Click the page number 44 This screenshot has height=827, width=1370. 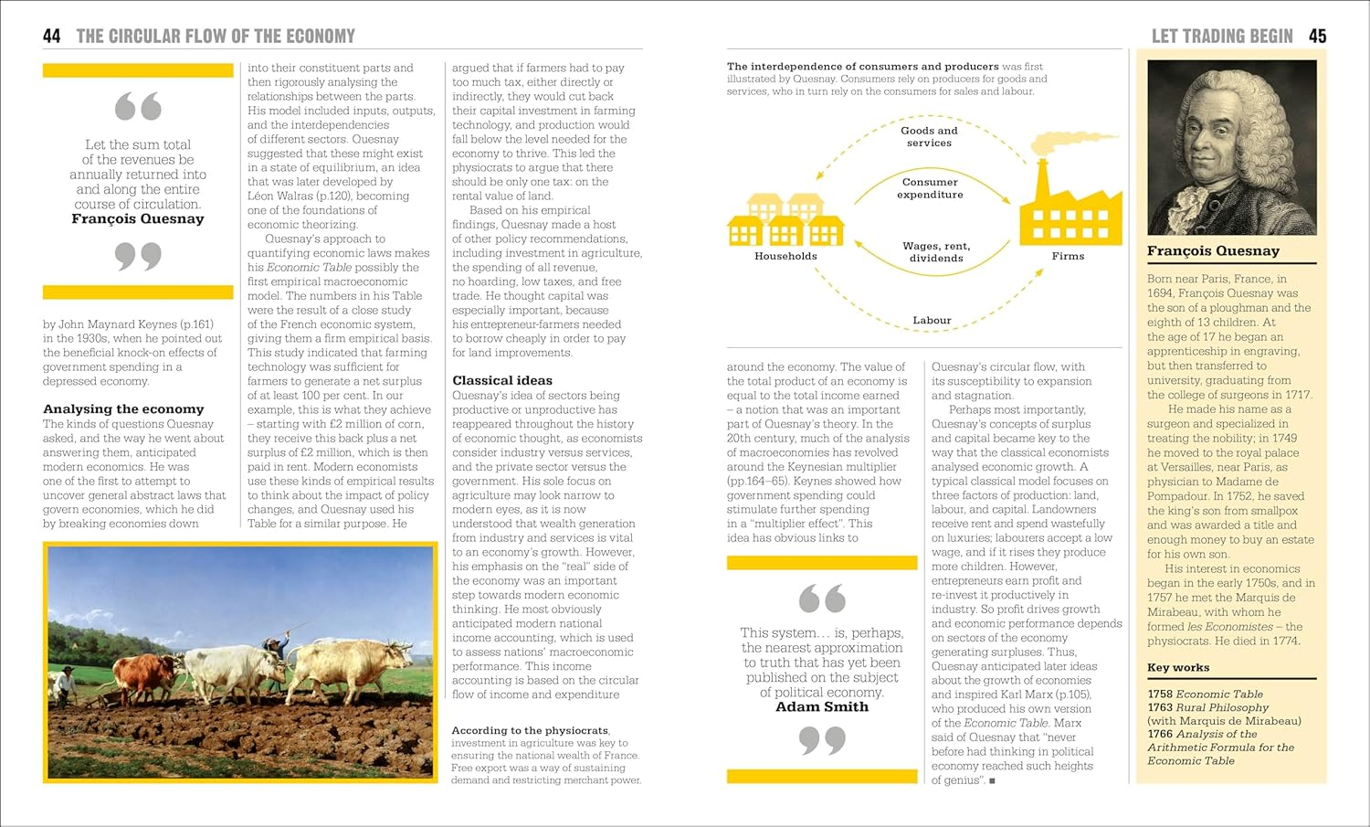pyautogui.click(x=51, y=36)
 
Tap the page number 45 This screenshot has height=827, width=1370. pyautogui.click(x=1317, y=36)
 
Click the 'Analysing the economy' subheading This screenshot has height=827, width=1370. pyautogui.click(x=123, y=409)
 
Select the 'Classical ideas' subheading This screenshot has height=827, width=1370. pyautogui.click(x=502, y=380)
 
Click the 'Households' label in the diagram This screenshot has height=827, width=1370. pyautogui.click(x=785, y=256)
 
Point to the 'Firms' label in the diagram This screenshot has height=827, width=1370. pyautogui.click(x=1068, y=256)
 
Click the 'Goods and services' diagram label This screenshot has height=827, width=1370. pyautogui.click(x=929, y=136)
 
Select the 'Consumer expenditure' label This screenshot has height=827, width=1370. pyautogui.click(x=930, y=188)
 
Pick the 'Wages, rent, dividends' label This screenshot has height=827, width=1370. pyautogui.click(x=936, y=252)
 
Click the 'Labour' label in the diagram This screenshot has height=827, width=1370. pyautogui.click(x=932, y=320)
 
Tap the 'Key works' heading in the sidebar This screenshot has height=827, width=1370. pyautogui.click(x=1178, y=667)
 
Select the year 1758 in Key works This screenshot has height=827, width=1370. pyautogui.click(x=1160, y=694)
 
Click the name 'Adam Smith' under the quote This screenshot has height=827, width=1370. pyautogui.click(x=822, y=706)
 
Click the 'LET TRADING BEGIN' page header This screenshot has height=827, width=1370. pyautogui.click(x=1221, y=36)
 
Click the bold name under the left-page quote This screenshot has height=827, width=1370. pyautogui.click(x=138, y=219)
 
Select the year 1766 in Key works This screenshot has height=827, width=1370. pyautogui.click(x=1160, y=734)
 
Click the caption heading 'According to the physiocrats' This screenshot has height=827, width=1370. pyautogui.click(x=530, y=730)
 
